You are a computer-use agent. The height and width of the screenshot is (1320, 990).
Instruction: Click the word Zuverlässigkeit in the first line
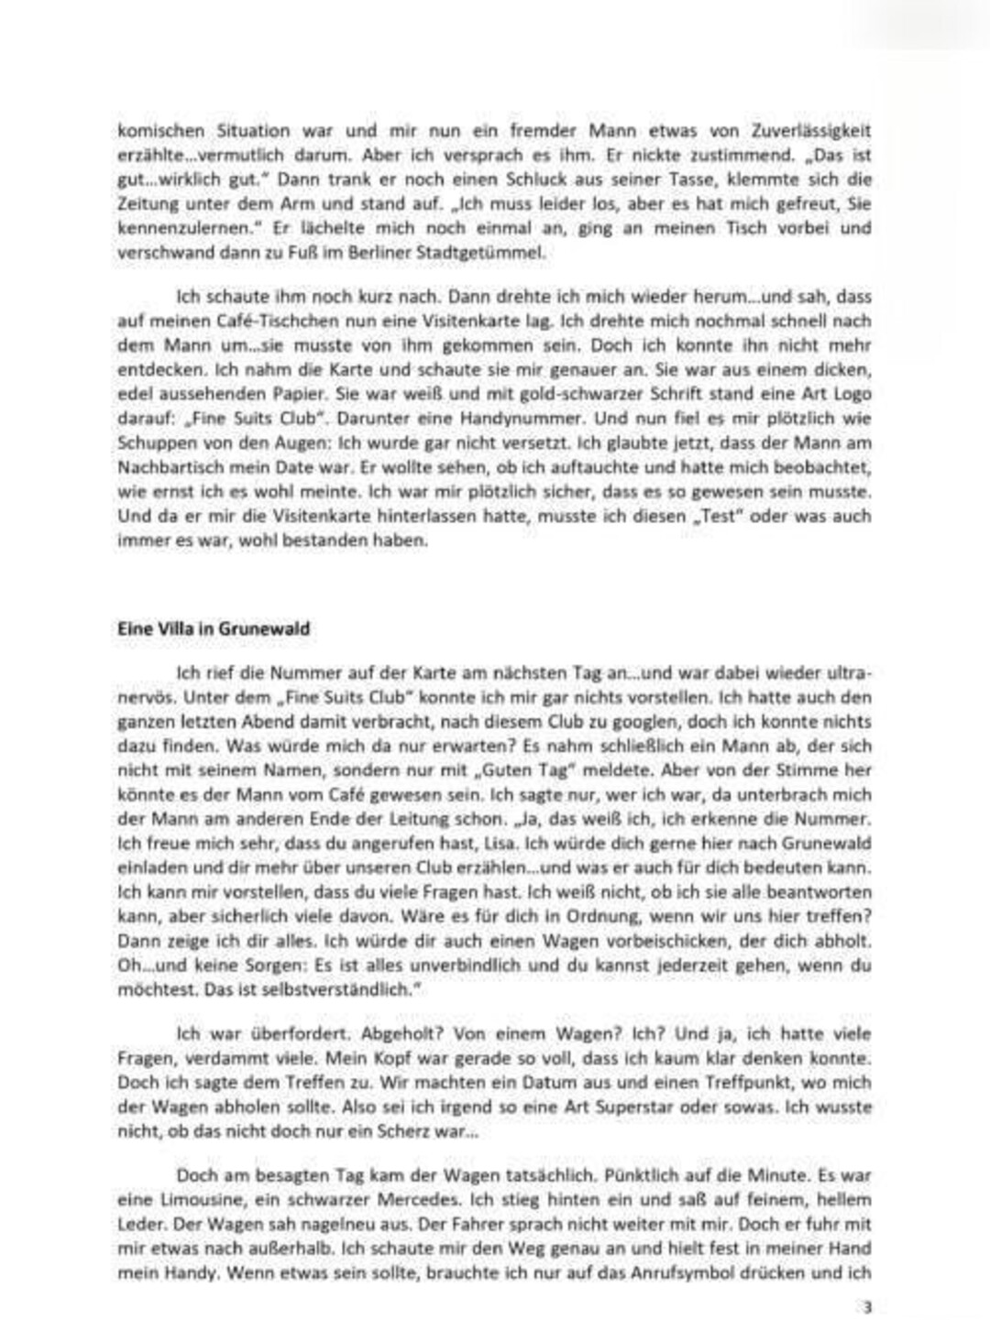coord(808,130)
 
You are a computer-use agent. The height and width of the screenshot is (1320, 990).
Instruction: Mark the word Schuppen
coord(150,443)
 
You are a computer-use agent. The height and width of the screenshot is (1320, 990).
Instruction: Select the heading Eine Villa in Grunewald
coord(214,629)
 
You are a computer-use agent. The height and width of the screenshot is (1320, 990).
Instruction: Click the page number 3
coord(865,1304)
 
